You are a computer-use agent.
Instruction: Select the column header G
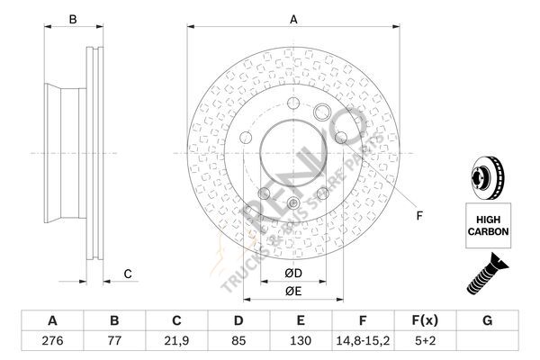click(x=487, y=320)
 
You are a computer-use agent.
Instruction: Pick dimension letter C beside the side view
click(x=128, y=274)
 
